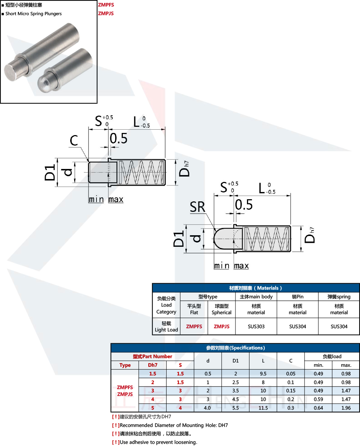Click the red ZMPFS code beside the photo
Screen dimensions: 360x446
(x=106, y=5)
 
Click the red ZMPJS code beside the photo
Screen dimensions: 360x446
(x=106, y=13)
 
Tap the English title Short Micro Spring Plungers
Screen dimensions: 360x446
(x=33, y=14)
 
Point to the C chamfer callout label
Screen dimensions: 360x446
(x=74, y=140)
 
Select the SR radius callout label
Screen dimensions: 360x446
(x=198, y=207)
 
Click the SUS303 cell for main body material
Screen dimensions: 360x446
(x=256, y=326)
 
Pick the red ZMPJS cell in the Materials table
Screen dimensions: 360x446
(x=221, y=326)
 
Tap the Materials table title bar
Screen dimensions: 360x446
(x=256, y=288)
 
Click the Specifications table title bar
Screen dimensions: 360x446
(x=235, y=348)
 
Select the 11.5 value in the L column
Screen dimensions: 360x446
(x=263, y=408)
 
